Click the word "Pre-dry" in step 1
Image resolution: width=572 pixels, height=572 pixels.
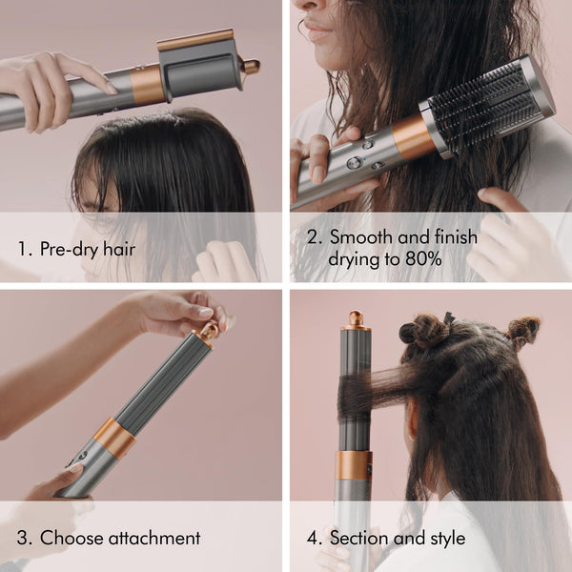[68, 250]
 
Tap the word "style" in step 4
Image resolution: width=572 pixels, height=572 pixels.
[444, 538]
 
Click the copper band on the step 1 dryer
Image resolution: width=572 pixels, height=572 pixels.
[147, 85]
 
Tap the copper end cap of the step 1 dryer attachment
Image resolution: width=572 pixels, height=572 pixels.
[251, 67]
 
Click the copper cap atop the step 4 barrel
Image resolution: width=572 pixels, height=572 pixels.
[354, 319]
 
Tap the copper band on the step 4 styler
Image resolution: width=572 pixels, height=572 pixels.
[353, 465]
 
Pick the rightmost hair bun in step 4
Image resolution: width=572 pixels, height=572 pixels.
[521, 331]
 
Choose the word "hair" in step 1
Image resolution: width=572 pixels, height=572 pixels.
[116, 250]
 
